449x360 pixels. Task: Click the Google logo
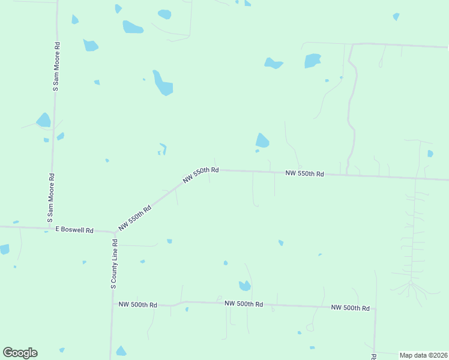[x=20, y=353]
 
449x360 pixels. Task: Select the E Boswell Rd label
[x=74, y=230]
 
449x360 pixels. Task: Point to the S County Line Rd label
[x=113, y=265]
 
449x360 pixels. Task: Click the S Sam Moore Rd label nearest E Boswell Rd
[x=51, y=199]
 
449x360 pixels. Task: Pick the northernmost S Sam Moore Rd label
[x=56, y=66]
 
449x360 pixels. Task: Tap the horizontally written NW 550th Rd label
[x=304, y=173]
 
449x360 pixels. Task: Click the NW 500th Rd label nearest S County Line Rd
[x=137, y=305]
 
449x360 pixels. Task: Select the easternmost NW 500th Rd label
[x=350, y=308]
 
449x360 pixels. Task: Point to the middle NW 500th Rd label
[x=244, y=304]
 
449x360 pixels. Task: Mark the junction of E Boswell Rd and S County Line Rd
[x=114, y=232]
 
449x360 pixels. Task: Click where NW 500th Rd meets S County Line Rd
[x=112, y=304]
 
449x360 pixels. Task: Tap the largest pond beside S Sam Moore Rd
[x=43, y=120]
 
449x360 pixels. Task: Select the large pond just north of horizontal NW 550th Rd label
[x=262, y=141]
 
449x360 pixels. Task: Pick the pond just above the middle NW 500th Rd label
[x=244, y=286]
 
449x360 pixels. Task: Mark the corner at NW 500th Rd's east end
[x=375, y=310]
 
